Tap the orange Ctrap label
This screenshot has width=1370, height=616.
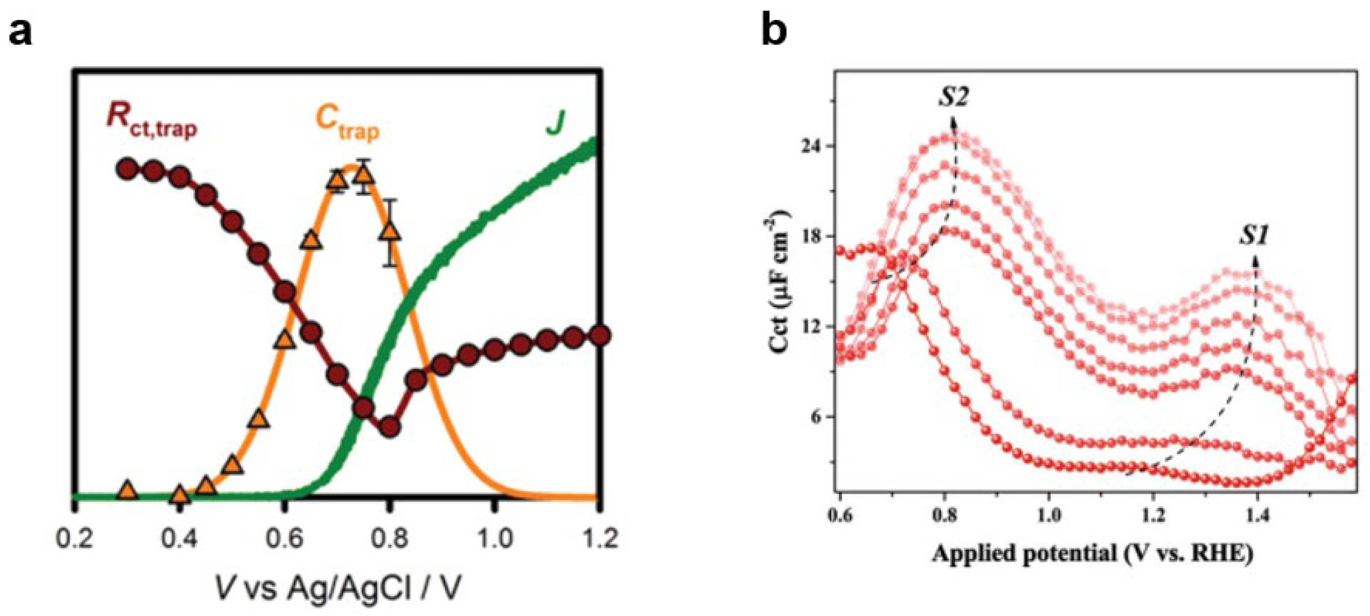pos(347,122)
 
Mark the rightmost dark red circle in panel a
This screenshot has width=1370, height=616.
pos(599,336)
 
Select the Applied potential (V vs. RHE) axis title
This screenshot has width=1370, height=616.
pos(1092,554)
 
